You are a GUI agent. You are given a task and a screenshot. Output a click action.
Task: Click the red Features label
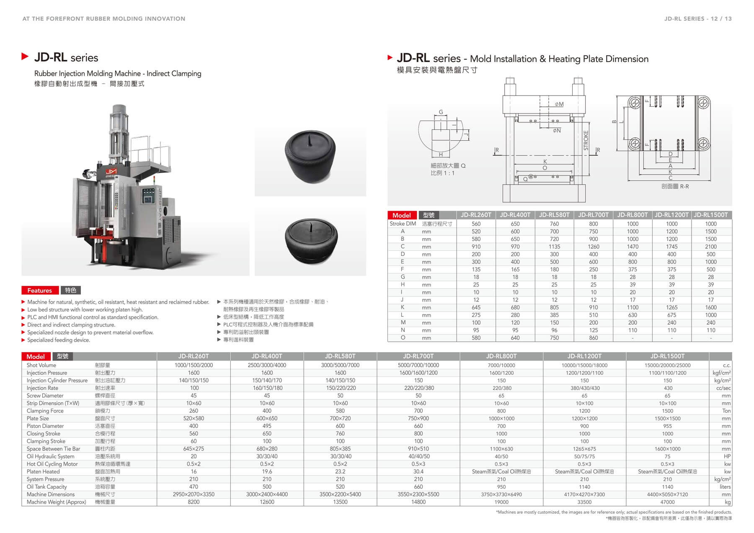(40, 290)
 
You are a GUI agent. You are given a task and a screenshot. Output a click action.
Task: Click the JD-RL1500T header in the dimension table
(711, 215)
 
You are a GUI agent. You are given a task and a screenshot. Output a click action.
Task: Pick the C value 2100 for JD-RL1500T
(711, 247)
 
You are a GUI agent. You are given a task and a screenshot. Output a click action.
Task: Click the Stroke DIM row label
(403, 224)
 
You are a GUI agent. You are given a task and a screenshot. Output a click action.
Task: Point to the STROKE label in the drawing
(586, 141)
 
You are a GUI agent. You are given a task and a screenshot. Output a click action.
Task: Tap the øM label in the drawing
(559, 104)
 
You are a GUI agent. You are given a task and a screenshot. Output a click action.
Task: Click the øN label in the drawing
(557, 131)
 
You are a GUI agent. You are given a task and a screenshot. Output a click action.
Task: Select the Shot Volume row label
(41, 365)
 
